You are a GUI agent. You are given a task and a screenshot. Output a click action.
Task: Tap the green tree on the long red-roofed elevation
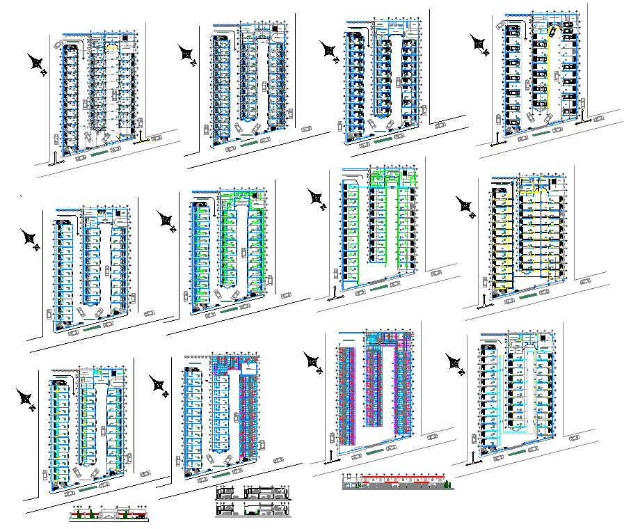(448, 483)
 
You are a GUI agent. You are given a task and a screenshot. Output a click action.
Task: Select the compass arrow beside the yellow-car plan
(479, 43)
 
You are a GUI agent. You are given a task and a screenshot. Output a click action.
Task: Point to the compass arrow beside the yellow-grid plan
(464, 206)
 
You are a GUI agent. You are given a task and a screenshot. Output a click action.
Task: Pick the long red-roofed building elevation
(398, 482)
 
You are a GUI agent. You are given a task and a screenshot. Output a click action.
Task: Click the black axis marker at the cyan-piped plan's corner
(475, 457)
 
